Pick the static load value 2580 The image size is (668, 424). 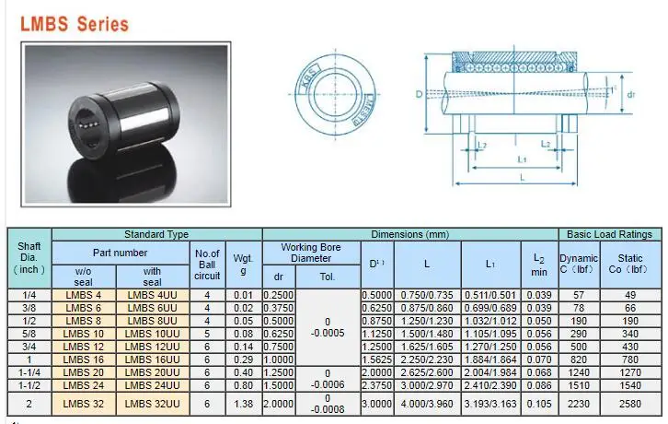point(630,403)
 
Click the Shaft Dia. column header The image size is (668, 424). point(29,258)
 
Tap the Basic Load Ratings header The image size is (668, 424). point(609,234)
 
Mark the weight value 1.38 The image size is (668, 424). point(243,403)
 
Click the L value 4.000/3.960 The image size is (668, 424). point(426,403)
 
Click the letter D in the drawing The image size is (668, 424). point(419,94)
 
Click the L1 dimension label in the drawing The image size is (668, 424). point(521,159)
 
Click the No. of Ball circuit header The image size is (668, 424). point(207,264)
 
